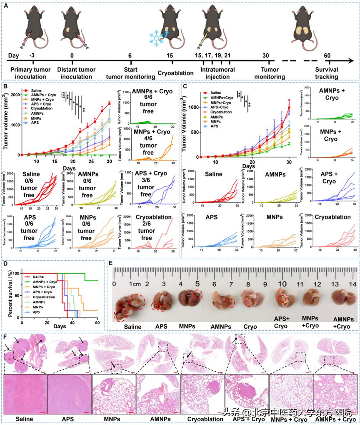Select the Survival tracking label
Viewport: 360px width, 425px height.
click(327, 73)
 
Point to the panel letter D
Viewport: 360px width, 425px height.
click(5, 263)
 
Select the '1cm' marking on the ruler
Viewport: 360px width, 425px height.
click(134, 284)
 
